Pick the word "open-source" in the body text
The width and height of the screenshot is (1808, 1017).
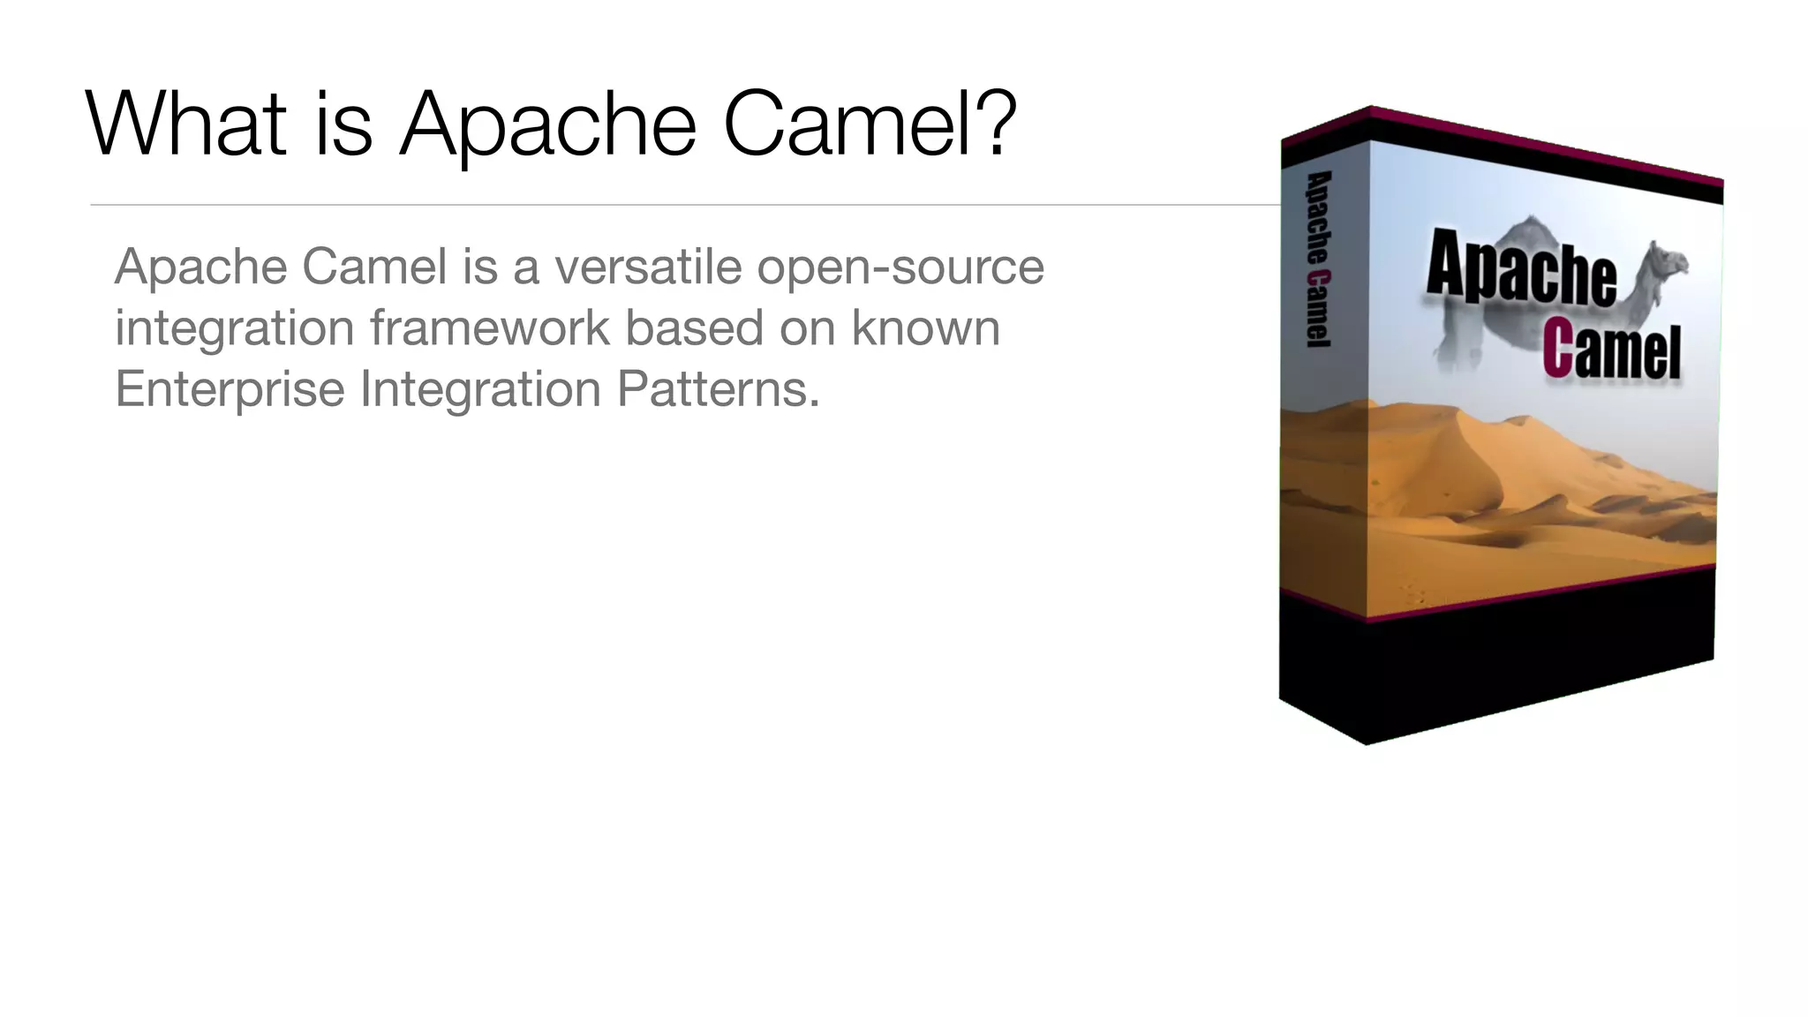point(900,268)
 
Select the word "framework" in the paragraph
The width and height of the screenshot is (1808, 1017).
point(490,328)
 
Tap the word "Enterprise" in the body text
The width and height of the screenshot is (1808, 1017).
point(230,389)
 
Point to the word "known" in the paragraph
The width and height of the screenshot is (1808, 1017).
point(926,328)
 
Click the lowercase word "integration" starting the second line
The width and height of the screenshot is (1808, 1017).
point(235,329)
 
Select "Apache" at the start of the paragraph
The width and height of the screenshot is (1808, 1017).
point(200,268)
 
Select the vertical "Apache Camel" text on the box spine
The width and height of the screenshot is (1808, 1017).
point(1318,259)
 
